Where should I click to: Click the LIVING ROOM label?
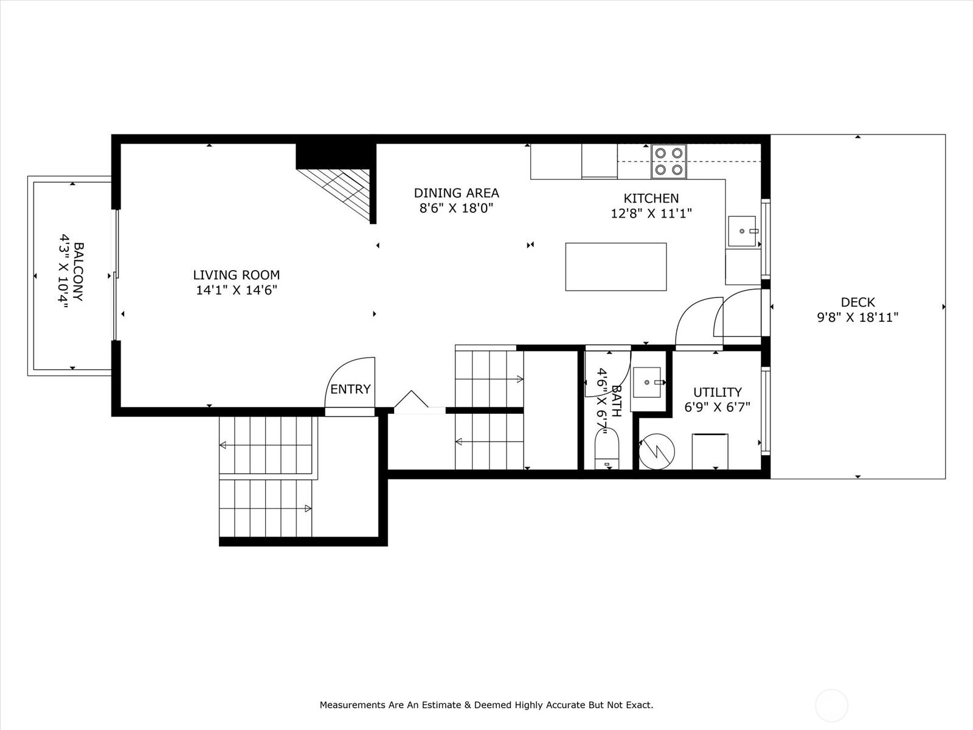pos(237,275)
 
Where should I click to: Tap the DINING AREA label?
pos(457,193)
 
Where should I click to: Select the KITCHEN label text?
pos(651,198)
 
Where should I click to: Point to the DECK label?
pos(857,302)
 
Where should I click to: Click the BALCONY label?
pos(78,272)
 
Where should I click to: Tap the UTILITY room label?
pos(717,392)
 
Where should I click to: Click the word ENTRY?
pos(350,389)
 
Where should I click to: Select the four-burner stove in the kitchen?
pos(668,161)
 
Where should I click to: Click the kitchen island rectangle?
pos(615,267)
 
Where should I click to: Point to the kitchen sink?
pos(742,231)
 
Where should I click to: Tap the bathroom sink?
pos(647,382)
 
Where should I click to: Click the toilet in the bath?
pos(606,449)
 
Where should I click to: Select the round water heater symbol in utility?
pos(657,451)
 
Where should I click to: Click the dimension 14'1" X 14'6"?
pos(237,290)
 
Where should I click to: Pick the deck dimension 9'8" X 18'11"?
pos(857,318)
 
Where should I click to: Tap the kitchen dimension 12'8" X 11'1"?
pos(651,214)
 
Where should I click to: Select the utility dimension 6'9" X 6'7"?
pos(717,408)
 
